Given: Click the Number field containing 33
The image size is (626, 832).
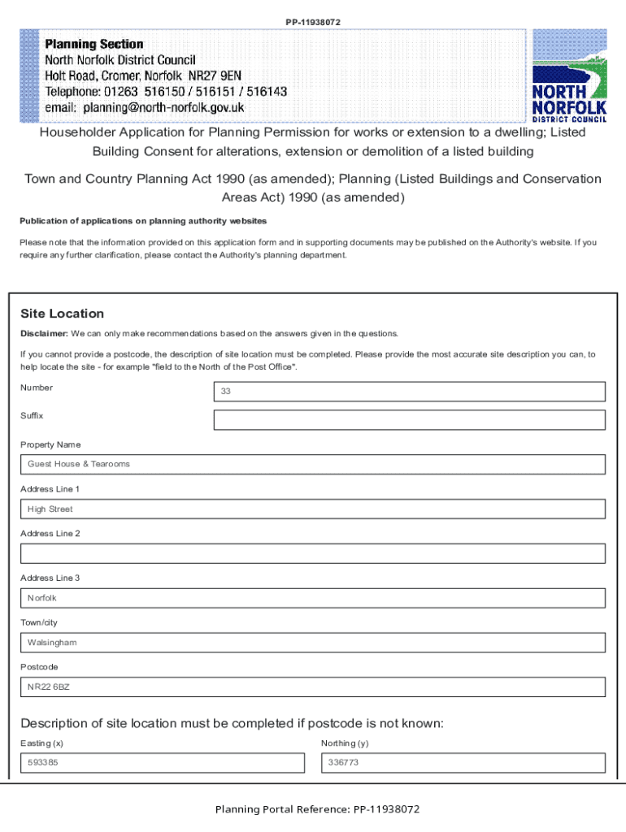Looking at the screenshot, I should pyautogui.click(x=409, y=392).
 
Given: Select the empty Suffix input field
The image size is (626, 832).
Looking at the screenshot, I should pyautogui.click(x=409, y=420).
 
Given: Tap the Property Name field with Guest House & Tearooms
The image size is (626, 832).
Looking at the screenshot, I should pyautogui.click(x=313, y=465).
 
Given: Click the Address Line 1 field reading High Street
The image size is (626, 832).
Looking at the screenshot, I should pyautogui.click(x=313, y=509).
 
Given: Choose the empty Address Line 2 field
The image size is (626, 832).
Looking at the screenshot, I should pyautogui.click(x=313, y=554).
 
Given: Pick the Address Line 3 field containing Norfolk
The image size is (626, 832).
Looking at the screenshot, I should pyautogui.click(x=313, y=599).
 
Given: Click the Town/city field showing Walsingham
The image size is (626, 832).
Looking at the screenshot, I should pyautogui.click(x=313, y=643).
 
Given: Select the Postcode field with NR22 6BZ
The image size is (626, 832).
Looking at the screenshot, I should pyautogui.click(x=313, y=687).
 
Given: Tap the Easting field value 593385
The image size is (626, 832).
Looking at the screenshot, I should pyautogui.click(x=163, y=763).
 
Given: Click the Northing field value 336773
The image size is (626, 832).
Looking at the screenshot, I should pyautogui.click(x=463, y=763).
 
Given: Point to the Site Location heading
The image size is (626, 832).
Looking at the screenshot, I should pyautogui.click(x=62, y=314).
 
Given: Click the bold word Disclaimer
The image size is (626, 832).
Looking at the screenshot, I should pyautogui.click(x=43, y=334).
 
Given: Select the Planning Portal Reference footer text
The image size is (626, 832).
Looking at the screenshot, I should pyautogui.click(x=317, y=809).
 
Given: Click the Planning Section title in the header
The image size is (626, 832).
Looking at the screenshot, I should pyautogui.click(x=94, y=44).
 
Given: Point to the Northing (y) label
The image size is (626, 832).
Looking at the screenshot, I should pyautogui.click(x=345, y=743).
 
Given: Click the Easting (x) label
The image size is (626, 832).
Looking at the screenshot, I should pyautogui.click(x=41, y=743).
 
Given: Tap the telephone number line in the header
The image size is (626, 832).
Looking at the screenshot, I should pyautogui.click(x=166, y=92).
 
